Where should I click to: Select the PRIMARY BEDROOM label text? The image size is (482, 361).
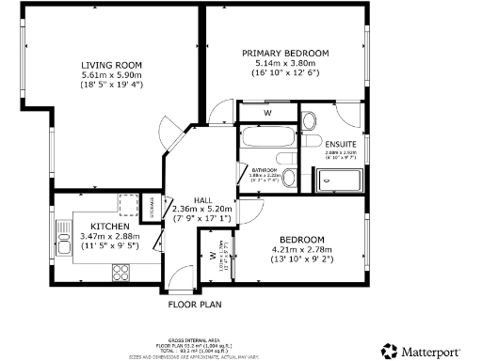pyautogui.click(x=284, y=53)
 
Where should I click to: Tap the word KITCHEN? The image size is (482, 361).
pyautogui.click(x=103, y=226)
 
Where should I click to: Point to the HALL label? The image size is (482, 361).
pyautogui.click(x=203, y=199)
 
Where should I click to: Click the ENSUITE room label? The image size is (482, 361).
pyautogui.click(x=341, y=143)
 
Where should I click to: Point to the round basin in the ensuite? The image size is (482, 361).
pyautogui.click(x=310, y=120)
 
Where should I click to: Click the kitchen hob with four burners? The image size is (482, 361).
pyautogui.click(x=121, y=272)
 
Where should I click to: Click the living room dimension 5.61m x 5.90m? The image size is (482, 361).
pyautogui.click(x=111, y=75)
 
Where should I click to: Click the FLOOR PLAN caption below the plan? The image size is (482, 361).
pyautogui.click(x=194, y=305)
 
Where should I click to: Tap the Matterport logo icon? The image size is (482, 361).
pyautogui.click(x=390, y=349)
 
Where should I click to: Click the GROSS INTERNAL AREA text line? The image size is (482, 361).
pyautogui.click(x=195, y=339)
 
